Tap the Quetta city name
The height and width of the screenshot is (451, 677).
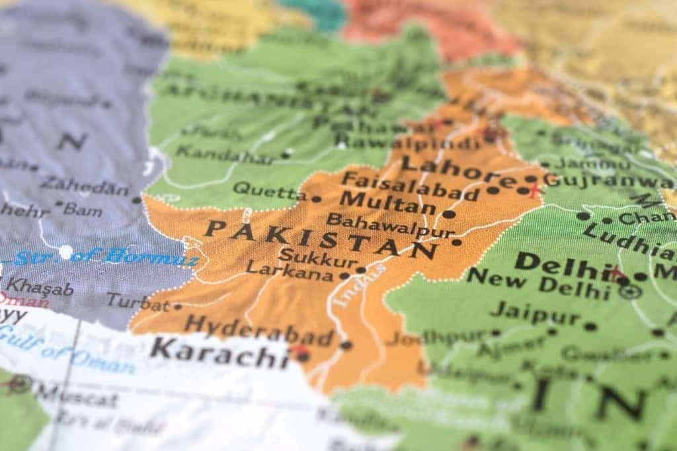click(269, 191)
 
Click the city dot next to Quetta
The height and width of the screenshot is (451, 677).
click(316, 198)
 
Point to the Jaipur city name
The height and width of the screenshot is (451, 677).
click(536, 311)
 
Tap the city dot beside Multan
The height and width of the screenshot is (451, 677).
click(449, 214)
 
